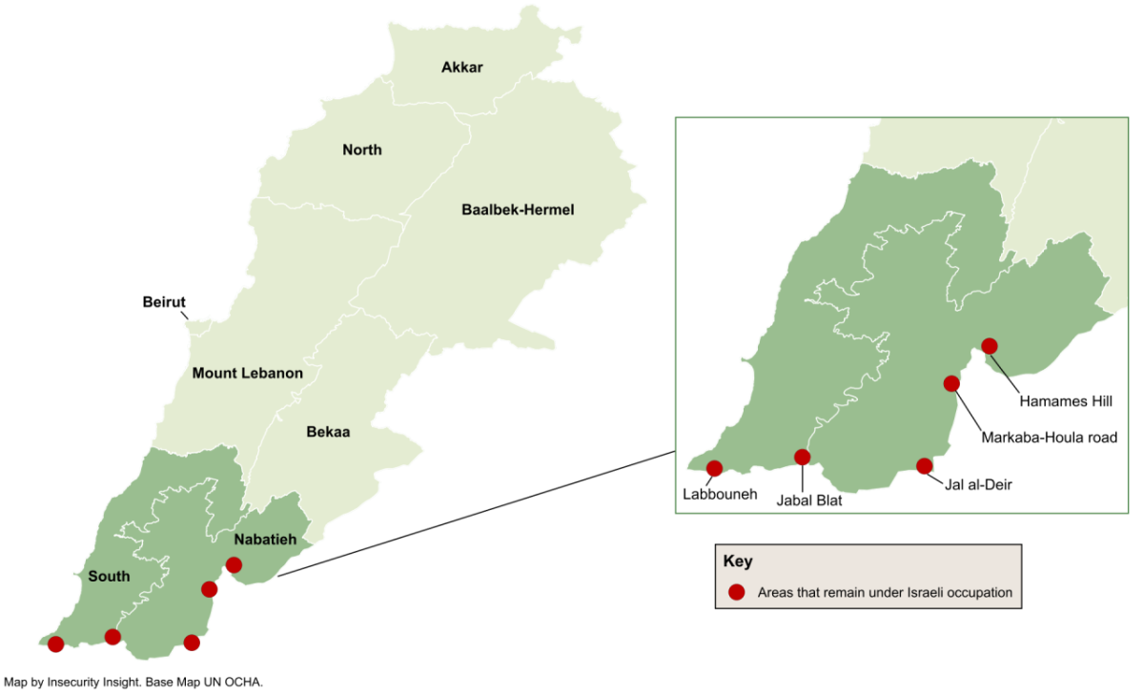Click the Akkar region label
click(x=462, y=67)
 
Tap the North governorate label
click(x=362, y=150)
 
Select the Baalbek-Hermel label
click(x=518, y=210)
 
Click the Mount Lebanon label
click(x=247, y=373)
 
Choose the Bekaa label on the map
click(x=328, y=432)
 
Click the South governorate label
click(x=109, y=576)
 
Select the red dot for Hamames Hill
click(x=990, y=346)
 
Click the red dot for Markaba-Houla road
click(x=950, y=383)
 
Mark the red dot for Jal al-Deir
click(x=924, y=465)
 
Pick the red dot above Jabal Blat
click(x=802, y=457)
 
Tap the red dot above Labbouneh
click(x=714, y=467)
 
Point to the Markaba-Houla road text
click(x=1049, y=439)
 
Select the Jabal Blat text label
click(x=808, y=498)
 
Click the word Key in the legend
click(x=738, y=561)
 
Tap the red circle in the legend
click(x=736, y=592)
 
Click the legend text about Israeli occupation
click(x=885, y=592)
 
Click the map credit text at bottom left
click(x=133, y=682)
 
